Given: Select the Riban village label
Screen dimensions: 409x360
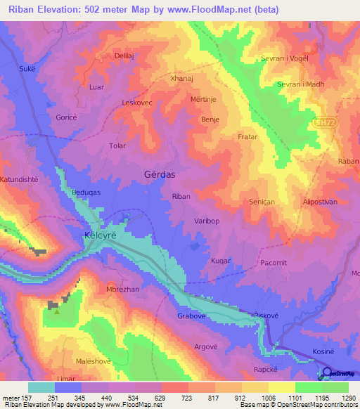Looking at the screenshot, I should point(181,197).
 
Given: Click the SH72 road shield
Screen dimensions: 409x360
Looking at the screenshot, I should point(323,122).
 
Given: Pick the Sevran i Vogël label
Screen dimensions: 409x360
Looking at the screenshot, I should point(284,58).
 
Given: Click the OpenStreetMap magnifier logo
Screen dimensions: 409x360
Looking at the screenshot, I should point(327,374).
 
